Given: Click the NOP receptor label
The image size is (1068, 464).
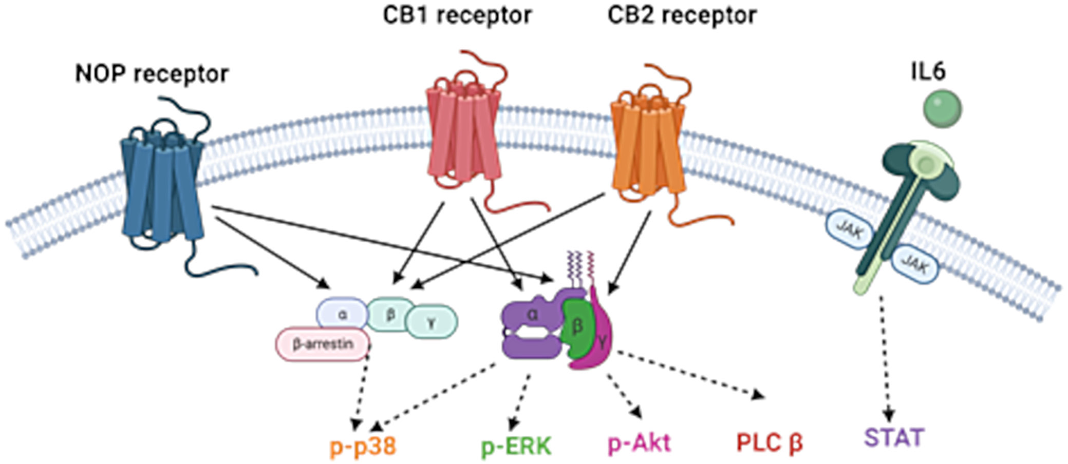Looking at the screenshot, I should pyautogui.click(x=152, y=74).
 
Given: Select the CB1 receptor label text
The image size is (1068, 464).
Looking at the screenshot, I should pyautogui.click(x=457, y=15).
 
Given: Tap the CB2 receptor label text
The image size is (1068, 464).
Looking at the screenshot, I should pyautogui.click(x=682, y=15).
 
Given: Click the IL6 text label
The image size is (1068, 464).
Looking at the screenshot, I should pyautogui.click(x=928, y=71).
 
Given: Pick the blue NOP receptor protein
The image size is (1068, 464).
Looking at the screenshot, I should pyautogui.click(x=162, y=190).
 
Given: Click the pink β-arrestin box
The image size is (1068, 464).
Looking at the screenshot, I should pyautogui.click(x=323, y=344).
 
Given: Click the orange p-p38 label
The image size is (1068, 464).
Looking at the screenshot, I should pyautogui.click(x=363, y=446).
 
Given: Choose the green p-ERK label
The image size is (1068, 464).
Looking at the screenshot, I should pyautogui.click(x=516, y=446).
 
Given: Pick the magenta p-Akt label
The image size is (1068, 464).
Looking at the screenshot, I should pyautogui.click(x=639, y=442).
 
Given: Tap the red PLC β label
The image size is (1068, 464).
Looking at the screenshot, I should pyautogui.click(x=769, y=442).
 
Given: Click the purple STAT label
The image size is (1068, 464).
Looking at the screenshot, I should pyautogui.click(x=894, y=437).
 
